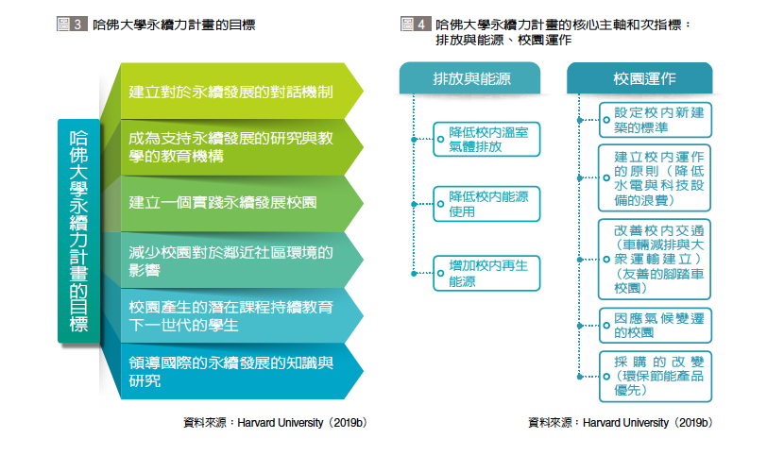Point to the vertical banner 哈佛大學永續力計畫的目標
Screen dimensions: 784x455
point(79,231)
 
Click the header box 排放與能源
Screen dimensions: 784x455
point(470,78)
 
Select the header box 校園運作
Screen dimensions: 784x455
point(639,78)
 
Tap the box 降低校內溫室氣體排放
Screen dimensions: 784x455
point(486,140)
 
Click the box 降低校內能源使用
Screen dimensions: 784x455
point(486,204)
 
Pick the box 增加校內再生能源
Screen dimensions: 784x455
point(486,273)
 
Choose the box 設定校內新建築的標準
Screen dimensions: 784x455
point(655,120)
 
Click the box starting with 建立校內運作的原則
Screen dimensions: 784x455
point(655,178)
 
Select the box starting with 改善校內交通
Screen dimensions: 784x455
point(655,260)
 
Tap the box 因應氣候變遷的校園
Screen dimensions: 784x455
point(655,325)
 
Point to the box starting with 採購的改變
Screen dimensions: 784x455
point(655,377)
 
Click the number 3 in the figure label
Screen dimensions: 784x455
point(78,24)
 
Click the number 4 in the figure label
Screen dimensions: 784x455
point(421,24)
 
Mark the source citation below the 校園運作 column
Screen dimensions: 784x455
point(621,423)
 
